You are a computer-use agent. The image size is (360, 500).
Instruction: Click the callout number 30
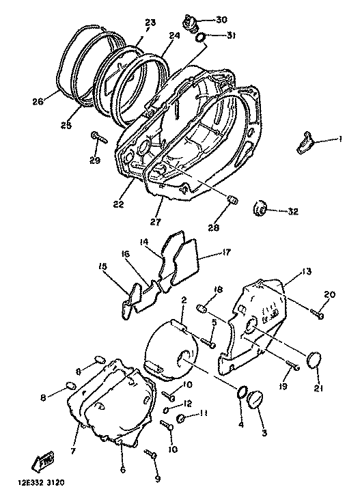221,20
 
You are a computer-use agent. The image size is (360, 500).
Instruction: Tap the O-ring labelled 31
200,37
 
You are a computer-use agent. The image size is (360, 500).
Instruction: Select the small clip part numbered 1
305,142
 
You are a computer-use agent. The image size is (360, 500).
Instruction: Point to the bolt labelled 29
99,137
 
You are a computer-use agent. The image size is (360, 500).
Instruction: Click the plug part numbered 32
260,209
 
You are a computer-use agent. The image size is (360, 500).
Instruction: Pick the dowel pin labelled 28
232,202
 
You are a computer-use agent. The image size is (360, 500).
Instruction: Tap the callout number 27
155,221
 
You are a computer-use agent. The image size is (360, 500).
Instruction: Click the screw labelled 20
317,313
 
